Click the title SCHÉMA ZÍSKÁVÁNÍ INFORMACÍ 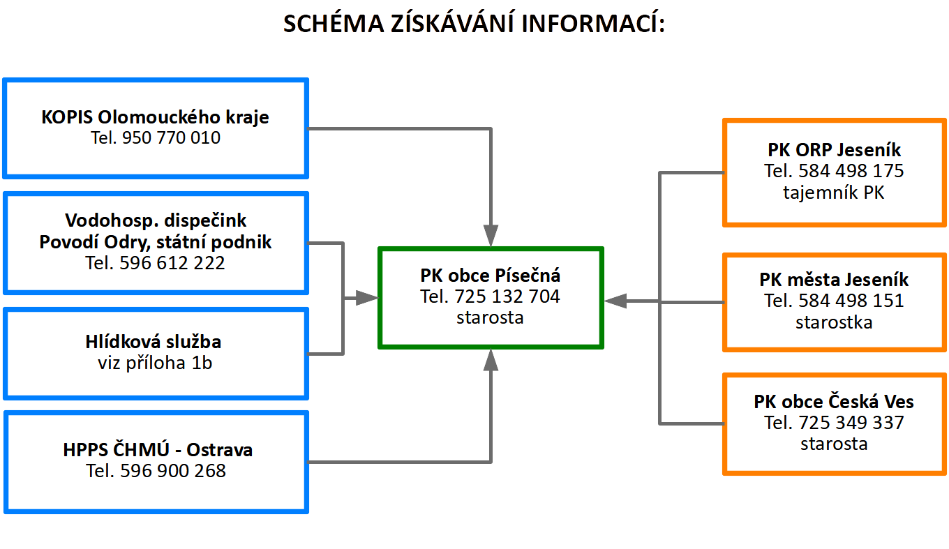click(474, 24)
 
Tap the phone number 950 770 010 click(171, 137)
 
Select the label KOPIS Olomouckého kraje click(155, 116)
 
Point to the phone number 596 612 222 click(172, 263)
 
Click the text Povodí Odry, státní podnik click(155, 242)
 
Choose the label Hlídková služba click(154, 342)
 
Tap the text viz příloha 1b click(155, 363)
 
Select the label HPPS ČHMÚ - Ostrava click(158, 450)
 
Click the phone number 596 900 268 click(173, 471)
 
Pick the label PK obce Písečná click(491, 275)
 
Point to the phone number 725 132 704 click(507, 296)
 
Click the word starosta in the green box click(490, 317)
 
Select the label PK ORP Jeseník click(835, 149)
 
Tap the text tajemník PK click(834, 192)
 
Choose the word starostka click(834, 322)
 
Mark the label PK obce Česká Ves click(834, 402)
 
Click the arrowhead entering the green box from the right click(615, 301)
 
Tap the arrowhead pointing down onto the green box click(491, 235)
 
